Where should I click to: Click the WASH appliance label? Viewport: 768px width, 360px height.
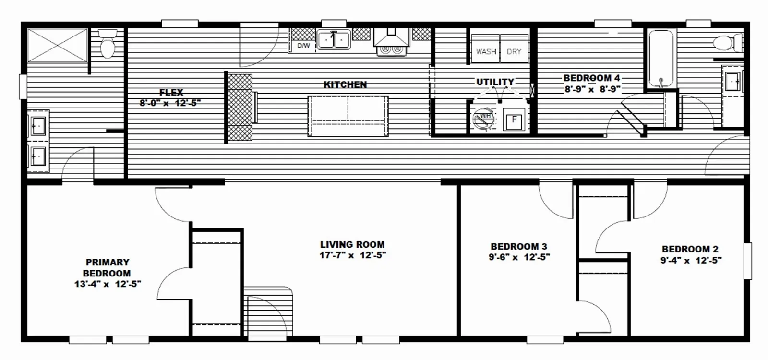click(486, 52)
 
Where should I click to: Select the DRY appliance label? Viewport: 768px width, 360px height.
click(514, 52)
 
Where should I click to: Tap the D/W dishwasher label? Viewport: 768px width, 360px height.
click(303, 46)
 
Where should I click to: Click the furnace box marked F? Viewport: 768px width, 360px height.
click(514, 120)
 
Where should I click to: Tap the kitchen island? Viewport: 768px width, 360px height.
click(348, 116)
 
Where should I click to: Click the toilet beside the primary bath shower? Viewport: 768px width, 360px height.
click(108, 44)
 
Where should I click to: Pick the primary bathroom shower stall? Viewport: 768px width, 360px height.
click(57, 45)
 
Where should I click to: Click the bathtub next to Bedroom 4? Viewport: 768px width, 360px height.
click(660, 59)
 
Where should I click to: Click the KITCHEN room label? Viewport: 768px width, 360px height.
click(345, 84)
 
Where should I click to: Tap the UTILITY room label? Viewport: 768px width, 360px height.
click(495, 82)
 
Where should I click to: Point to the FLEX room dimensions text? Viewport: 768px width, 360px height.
click(170, 103)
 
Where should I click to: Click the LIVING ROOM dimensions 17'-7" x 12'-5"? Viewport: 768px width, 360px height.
click(353, 255)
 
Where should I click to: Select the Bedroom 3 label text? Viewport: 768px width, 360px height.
click(519, 247)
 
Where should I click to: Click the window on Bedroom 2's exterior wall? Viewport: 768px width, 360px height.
click(747, 261)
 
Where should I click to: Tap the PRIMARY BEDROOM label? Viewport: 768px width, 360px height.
click(107, 268)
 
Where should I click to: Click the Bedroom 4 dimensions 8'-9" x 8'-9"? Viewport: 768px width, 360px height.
click(593, 89)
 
